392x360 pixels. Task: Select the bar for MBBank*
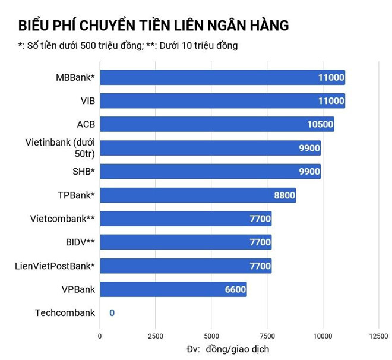click(x=222, y=77)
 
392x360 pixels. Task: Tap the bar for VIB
click(x=222, y=101)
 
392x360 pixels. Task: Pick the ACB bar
click(x=217, y=124)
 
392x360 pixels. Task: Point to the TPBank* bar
click(x=198, y=195)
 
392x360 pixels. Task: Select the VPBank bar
click(x=173, y=289)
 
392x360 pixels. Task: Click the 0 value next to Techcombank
click(x=111, y=312)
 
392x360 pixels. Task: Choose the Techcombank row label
click(x=65, y=312)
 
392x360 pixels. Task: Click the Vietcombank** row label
click(x=62, y=219)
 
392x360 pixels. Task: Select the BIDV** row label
click(x=78, y=242)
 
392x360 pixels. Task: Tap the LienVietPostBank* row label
click(x=55, y=266)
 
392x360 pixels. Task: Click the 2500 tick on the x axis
click(x=155, y=336)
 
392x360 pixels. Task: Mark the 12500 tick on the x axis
click(x=378, y=336)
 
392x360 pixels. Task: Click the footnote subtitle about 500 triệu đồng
click(x=128, y=46)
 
